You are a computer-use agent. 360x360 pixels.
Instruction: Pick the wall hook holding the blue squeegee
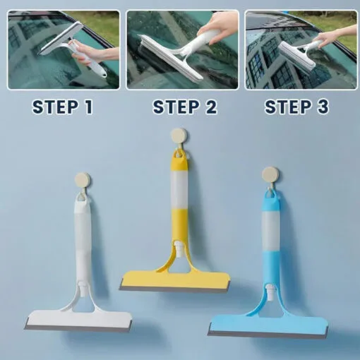click(270, 174)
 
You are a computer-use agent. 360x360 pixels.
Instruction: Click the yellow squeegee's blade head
click(174, 280)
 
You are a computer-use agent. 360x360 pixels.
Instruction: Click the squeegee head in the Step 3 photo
click(295, 52)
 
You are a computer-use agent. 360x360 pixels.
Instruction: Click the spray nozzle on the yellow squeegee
click(182, 248)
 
